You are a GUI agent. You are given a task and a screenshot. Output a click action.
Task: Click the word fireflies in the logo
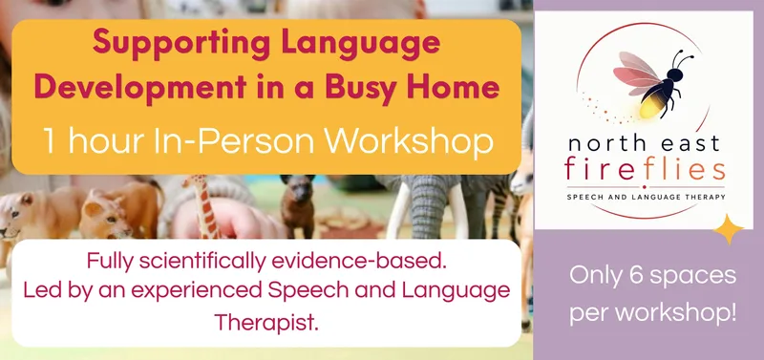pyautogui.click(x=645, y=171)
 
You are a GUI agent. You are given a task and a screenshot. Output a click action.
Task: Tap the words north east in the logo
pyautogui.click(x=643, y=143)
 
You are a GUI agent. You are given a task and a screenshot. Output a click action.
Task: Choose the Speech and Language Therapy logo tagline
pyautogui.click(x=646, y=197)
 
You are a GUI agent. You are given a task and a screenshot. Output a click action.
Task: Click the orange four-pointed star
pyautogui.click(x=729, y=229)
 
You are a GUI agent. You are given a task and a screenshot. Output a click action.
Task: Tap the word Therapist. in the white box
pyautogui.click(x=266, y=322)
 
